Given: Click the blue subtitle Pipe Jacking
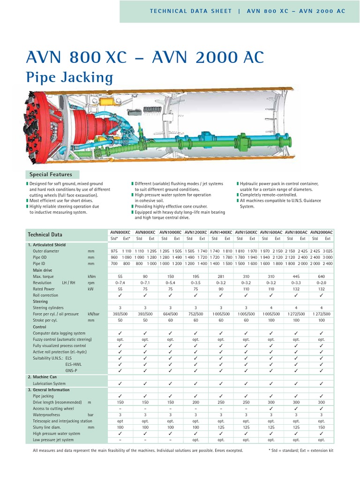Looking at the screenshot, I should coord(69,77).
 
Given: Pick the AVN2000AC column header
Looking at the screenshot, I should coord(322,232).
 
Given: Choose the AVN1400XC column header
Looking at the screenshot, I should coord(221,232).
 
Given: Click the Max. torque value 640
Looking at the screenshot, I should coord(322,277).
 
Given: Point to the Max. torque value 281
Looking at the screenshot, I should coord(221,277).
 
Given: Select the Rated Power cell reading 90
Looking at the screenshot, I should coord(221,289).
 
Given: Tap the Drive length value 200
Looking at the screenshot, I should coord(195,402).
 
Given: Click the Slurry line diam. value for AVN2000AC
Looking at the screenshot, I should coord(322,427).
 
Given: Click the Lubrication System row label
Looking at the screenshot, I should coord(49,383).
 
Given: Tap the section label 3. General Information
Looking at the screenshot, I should coord(48,390).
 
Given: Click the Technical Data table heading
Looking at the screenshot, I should coord(45,234).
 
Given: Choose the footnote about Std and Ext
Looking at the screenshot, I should coord(300,450).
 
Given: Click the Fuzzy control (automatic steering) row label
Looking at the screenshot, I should coord(62,339).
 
